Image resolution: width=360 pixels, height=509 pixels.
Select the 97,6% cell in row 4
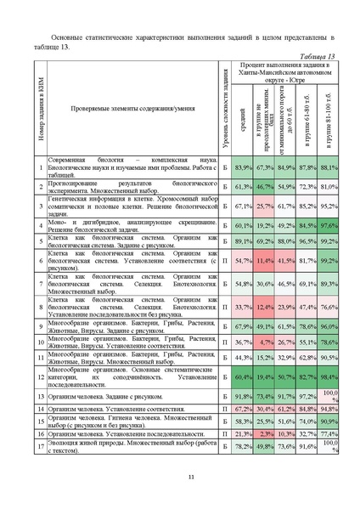tap(329, 225)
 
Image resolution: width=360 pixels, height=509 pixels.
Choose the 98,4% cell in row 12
tap(329, 375)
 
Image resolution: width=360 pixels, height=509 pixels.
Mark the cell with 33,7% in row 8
tap(243, 306)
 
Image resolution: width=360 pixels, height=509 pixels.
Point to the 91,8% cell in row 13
tap(243, 395)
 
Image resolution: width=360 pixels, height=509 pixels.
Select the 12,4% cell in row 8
tap(264, 306)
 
